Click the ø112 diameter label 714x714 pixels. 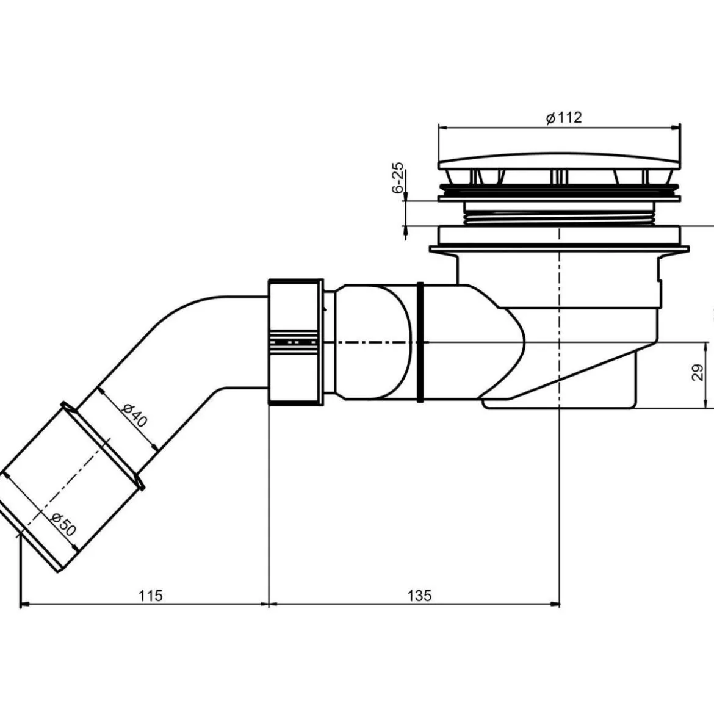[x=564, y=118]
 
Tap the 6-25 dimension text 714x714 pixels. [x=398, y=178]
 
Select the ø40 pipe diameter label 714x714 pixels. [x=135, y=416]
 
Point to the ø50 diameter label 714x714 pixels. [x=63, y=524]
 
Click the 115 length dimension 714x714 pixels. [x=151, y=595]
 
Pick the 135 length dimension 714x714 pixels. [x=419, y=595]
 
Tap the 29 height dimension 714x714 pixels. [x=697, y=372]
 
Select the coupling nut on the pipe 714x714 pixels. [x=296, y=342]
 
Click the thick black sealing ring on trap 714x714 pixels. [x=420, y=342]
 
